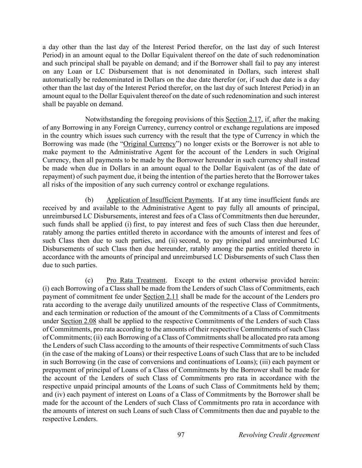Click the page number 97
point(181,435)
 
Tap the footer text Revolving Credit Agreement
point(279,435)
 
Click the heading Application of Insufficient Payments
point(159,200)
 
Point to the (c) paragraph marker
point(89,280)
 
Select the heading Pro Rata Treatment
point(136,280)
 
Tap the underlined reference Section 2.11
point(161,297)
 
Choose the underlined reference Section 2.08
point(78,321)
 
